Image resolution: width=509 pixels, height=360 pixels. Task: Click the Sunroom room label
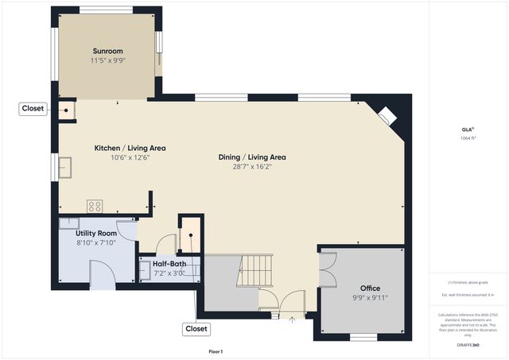tap(107, 50)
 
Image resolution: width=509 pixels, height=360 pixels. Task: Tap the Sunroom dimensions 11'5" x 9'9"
tap(107, 60)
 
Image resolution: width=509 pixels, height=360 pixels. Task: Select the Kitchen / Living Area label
tap(130, 148)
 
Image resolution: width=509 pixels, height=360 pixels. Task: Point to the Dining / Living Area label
tap(252, 157)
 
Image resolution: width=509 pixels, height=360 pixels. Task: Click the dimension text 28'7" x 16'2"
tap(252, 167)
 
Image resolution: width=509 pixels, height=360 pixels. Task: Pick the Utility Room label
tap(96, 233)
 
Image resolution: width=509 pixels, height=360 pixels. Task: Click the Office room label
tap(370, 288)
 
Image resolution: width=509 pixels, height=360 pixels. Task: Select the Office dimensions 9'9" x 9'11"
tap(370, 298)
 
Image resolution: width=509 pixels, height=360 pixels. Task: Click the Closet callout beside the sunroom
tap(33, 109)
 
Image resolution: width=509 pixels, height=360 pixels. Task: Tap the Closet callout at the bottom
tap(196, 328)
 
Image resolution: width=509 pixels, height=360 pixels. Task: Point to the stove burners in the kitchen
tap(95, 206)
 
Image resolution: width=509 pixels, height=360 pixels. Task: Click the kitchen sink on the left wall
tap(64, 167)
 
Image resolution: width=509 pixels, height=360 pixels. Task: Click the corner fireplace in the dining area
tap(387, 116)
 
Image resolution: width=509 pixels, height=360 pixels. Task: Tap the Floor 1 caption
tap(216, 351)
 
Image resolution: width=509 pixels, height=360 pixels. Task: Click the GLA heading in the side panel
tap(467, 129)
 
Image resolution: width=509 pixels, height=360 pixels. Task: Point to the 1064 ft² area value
tap(467, 138)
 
